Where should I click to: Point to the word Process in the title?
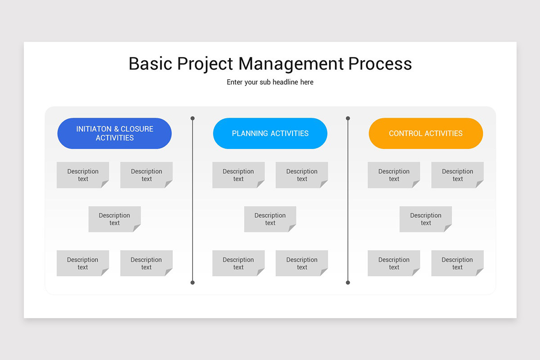(380, 63)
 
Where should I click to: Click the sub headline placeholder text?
(270, 82)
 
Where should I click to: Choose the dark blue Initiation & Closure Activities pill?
(114, 133)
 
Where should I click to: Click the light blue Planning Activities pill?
(270, 133)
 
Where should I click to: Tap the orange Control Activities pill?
(426, 133)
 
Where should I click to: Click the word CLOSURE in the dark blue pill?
(137, 129)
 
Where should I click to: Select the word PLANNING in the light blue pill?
(250, 134)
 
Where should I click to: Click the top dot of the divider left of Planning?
(193, 118)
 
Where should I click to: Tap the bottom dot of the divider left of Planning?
(193, 283)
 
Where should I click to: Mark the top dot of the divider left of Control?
(348, 118)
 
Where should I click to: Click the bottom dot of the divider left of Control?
(348, 283)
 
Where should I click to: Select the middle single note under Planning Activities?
(270, 219)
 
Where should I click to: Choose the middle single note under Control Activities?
(426, 219)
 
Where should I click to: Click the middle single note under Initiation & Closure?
(114, 219)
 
